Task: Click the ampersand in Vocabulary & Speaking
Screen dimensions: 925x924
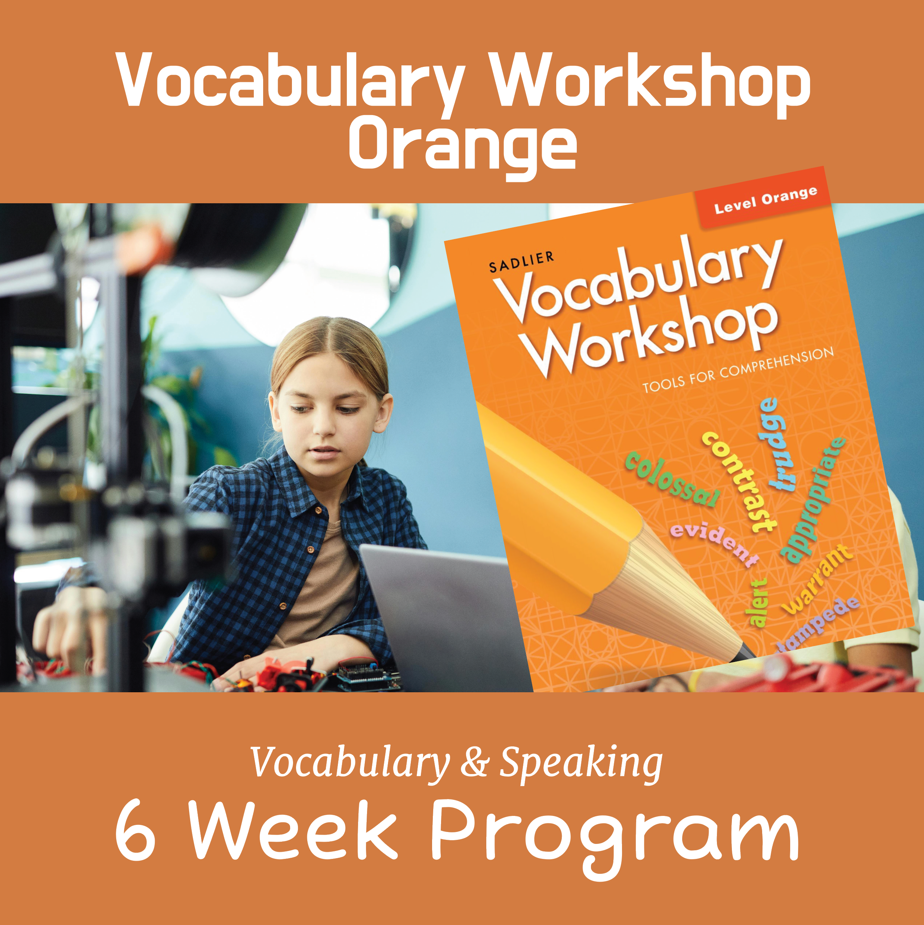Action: coord(474,763)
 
